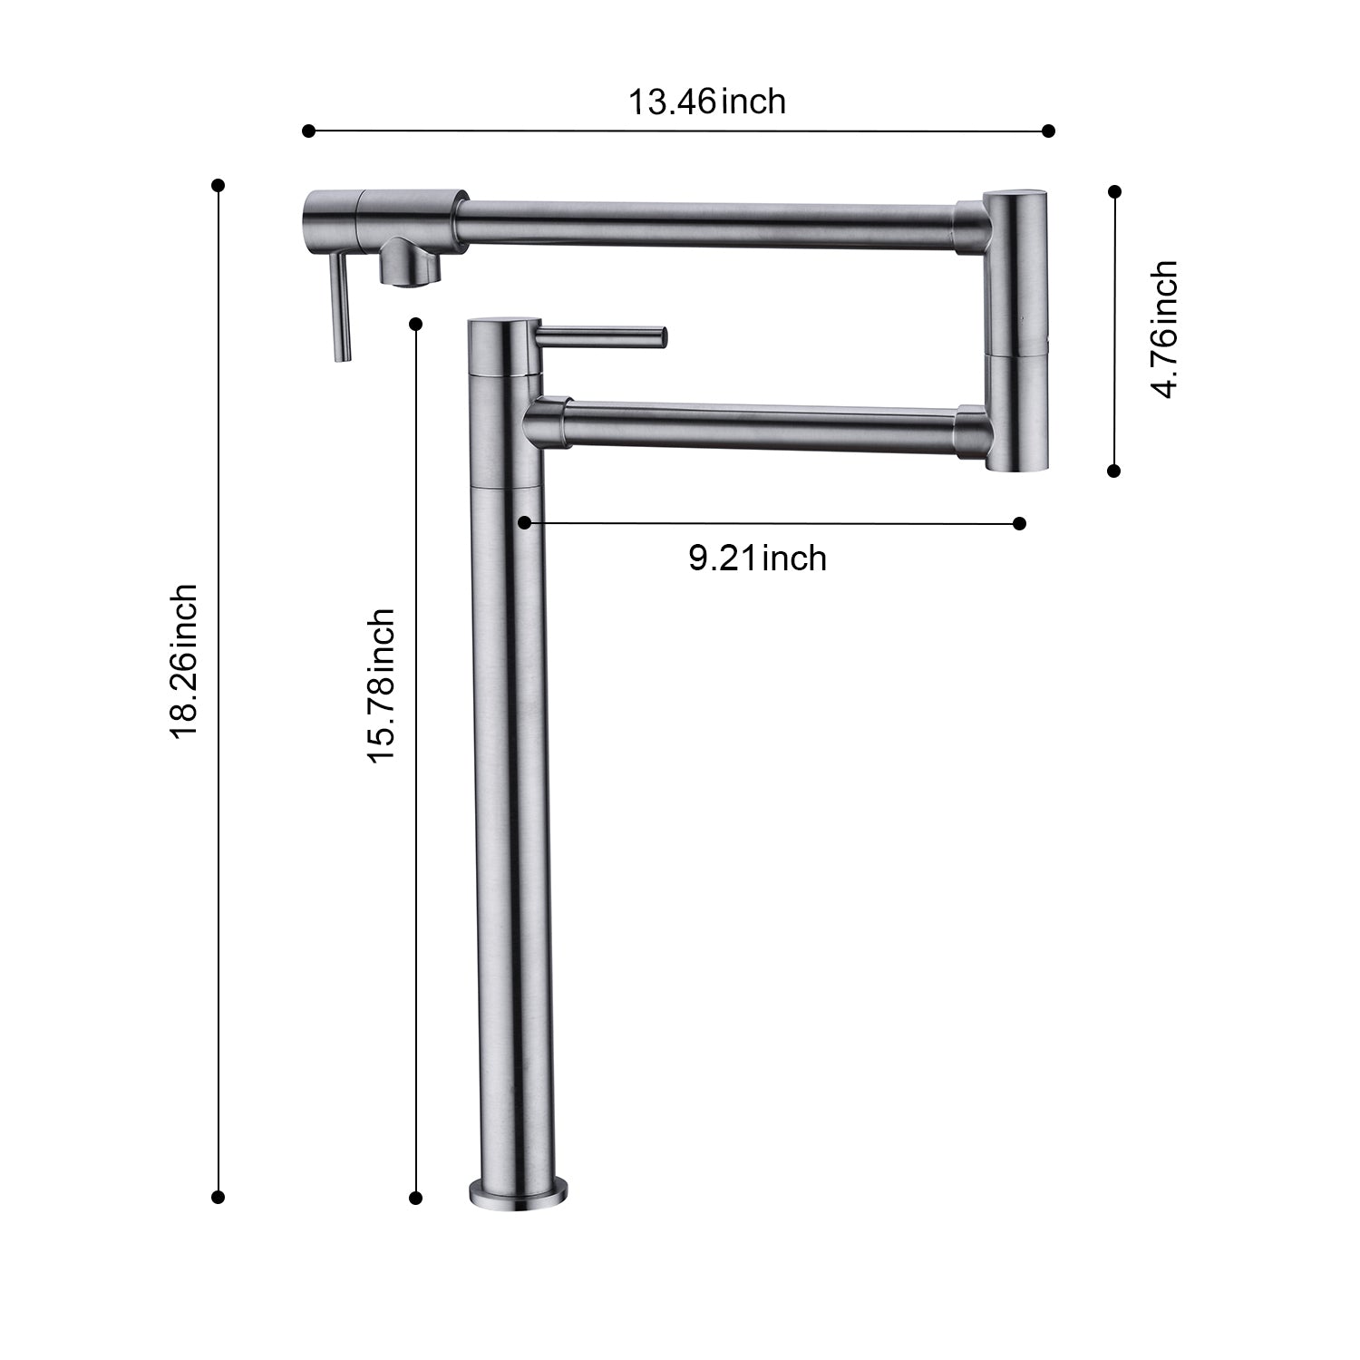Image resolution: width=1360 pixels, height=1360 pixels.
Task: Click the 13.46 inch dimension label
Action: [x=707, y=102]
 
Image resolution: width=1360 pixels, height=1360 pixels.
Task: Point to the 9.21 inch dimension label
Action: [x=757, y=558]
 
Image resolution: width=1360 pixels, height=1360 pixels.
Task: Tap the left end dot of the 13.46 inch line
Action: [x=308, y=131]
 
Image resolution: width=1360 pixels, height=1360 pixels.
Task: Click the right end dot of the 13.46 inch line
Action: [x=1049, y=131]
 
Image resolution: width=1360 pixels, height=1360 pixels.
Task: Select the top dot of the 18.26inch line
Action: [x=218, y=186]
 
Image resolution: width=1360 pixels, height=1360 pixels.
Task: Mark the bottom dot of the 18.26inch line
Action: [x=218, y=1197]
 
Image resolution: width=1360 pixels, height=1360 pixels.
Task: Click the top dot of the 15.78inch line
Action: [x=416, y=324]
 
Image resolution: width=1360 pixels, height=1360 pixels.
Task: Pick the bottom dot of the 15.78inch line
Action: [x=416, y=1198]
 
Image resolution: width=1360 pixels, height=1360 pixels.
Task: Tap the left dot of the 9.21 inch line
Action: [x=524, y=523]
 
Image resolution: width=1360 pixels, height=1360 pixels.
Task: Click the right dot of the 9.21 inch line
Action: [x=1019, y=523]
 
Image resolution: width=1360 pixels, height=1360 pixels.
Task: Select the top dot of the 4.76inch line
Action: [x=1115, y=191]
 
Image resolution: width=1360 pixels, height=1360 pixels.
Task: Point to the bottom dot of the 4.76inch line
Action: [x=1114, y=471]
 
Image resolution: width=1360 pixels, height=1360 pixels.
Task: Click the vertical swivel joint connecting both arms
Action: [x=1015, y=331]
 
